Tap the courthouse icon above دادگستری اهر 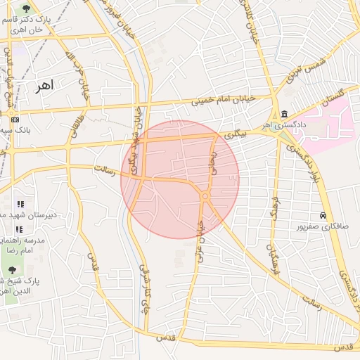pyautogui.click(x=283, y=115)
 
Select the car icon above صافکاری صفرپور pyautogui.click(x=322, y=215)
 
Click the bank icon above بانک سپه pyautogui.click(x=15, y=120)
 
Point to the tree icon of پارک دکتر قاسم pyautogui.click(x=27, y=9)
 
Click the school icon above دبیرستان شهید pyautogui.click(x=20, y=204)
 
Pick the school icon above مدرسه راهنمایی pyautogui.click(x=19, y=229)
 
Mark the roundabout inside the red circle pyautogui.click(x=205, y=197)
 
